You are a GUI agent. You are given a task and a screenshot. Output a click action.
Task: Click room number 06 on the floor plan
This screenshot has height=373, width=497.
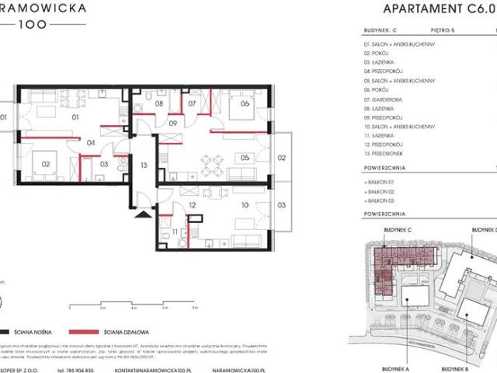coord(244,103)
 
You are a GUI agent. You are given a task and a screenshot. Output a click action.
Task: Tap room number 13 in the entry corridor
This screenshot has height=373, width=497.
coord(144,166)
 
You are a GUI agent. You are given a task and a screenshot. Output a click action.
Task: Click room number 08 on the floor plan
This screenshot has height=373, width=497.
coord(158,103)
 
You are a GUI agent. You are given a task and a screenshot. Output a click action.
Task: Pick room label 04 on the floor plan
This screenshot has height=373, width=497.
coord(90,142)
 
